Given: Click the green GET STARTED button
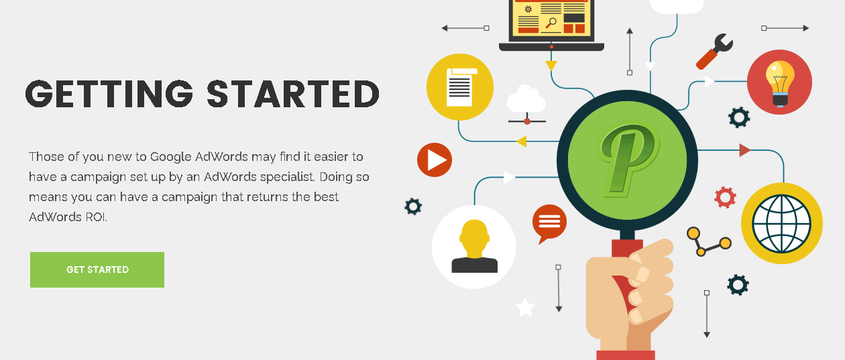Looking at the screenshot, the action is [x=97, y=269].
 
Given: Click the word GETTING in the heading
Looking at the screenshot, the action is [x=109, y=94].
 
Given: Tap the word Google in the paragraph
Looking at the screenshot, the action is [x=171, y=157].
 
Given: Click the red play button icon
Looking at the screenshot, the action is [x=434, y=160].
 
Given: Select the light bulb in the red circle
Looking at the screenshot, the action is [x=780, y=83].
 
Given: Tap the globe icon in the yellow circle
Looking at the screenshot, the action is [x=781, y=223].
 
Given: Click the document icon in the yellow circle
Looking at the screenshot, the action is [x=461, y=87].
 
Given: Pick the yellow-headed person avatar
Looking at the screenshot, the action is [x=474, y=246].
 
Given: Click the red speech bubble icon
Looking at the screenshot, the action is [x=549, y=223].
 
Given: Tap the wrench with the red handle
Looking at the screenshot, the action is [x=714, y=52].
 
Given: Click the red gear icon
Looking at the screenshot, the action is [x=725, y=197].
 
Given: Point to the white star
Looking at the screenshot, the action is [x=524, y=307].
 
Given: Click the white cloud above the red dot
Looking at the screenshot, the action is [x=526, y=99].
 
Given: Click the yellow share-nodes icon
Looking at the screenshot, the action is [x=709, y=241].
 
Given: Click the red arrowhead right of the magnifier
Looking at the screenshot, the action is [x=744, y=150].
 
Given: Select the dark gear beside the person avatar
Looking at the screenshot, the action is [x=413, y=206].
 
